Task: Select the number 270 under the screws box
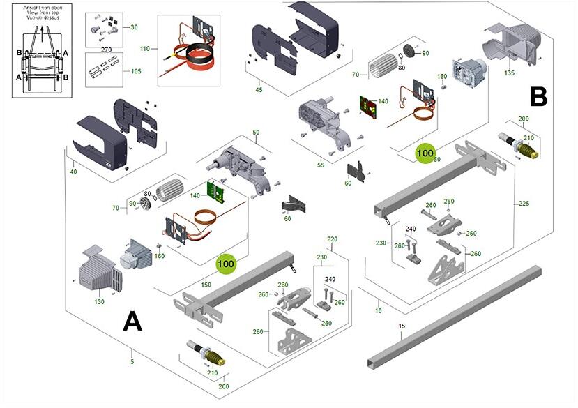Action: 106,50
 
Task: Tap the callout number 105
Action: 135,70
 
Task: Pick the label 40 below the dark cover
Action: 74,172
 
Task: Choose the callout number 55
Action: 321,165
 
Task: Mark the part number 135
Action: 509,73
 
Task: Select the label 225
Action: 524,204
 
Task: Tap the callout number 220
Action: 332,239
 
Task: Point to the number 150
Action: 206,285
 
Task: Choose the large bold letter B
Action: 538,96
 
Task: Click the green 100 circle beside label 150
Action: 226,264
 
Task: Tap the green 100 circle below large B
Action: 425,152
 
